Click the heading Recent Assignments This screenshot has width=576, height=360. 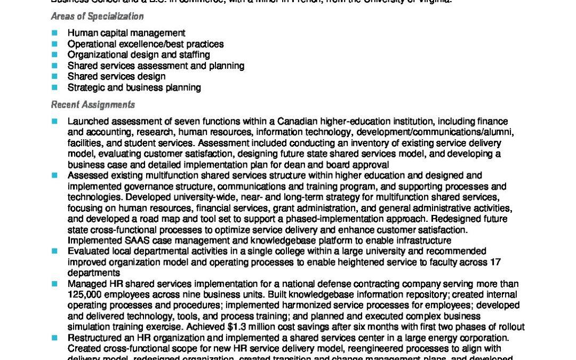[93, 105]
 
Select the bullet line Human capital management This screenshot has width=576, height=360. [126, 33]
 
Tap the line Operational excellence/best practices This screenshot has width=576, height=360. [146, 44]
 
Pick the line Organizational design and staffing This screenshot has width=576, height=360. [139, 54]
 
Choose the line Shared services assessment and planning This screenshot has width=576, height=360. [156, 66]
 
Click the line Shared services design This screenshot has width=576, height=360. [116, 76]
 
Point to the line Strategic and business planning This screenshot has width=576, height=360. [134, 87]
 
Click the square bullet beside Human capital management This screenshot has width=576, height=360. [54, 33]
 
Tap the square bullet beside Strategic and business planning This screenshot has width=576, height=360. [54, 87]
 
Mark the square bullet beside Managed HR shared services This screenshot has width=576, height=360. [54, 284]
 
